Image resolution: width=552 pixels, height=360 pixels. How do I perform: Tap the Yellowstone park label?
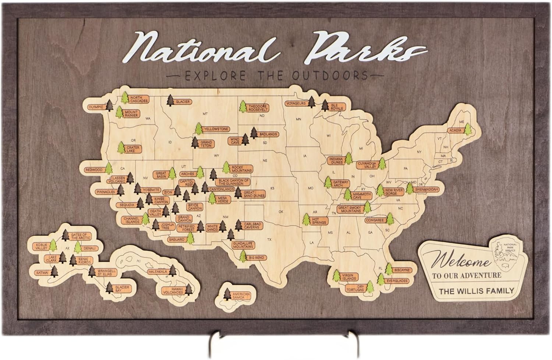pos(216,129)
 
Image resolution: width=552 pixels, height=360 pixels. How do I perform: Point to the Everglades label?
pos(397,281)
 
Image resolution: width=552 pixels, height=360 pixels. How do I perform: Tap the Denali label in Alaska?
pos(90,248)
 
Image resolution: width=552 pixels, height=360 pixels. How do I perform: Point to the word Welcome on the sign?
pos(462,262)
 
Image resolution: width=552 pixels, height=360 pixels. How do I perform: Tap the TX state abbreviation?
pos(269,240)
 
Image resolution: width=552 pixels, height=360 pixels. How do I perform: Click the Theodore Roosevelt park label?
pos(257,108)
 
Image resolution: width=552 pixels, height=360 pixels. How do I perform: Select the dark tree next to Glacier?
pos(170,100)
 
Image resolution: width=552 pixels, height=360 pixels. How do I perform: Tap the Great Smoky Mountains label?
pos(350,209)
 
